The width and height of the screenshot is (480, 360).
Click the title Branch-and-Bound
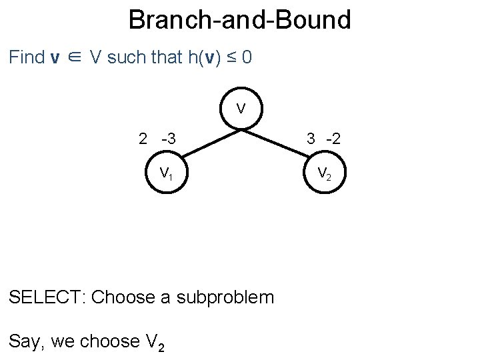(x=239, y=20)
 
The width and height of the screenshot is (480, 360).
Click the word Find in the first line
(x=27, y=57)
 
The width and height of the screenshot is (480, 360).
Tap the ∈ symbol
(x=74, y=58)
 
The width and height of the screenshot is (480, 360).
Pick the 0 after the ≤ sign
(x=247, y=57)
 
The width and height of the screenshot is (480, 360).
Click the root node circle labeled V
(x=241, y=109)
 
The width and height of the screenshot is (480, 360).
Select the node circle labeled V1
(x=167, y=174)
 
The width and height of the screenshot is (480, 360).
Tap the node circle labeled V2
(x=325, y=174)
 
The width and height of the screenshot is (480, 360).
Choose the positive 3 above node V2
(x=311, y=139)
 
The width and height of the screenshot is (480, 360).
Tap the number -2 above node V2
(x=333, y=139)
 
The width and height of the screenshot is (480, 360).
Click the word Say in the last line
(x=25, y=341)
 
